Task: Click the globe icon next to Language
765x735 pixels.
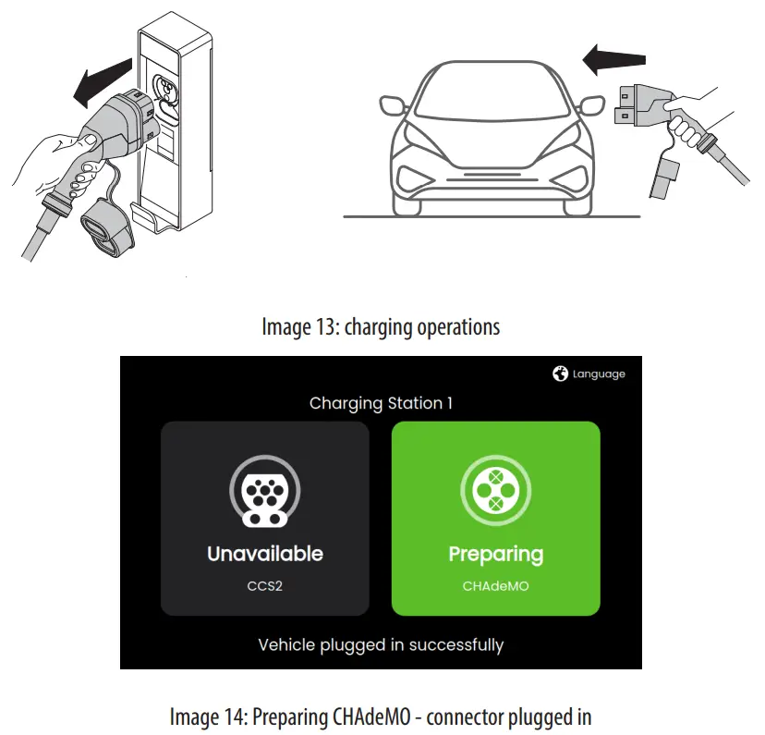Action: (560, 374)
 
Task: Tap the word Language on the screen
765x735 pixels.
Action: (599, 374)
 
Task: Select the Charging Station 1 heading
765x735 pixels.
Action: (381, 403)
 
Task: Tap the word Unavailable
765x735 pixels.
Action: (264, 554)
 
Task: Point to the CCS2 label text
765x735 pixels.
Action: (264, 586)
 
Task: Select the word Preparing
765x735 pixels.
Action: (495, 555)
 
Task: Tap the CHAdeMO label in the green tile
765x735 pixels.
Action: (495, 586)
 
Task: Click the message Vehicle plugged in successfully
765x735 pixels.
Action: (381, 644)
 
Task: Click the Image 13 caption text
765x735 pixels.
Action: (381, 326)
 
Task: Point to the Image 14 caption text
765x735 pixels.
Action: (381, 717)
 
